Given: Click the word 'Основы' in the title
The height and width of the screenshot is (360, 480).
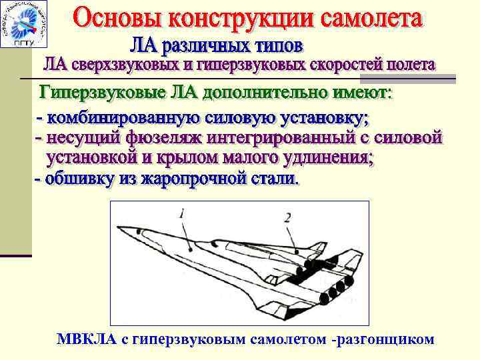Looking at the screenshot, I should coord(114,18).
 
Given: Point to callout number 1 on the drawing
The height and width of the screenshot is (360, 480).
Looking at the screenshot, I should coord(181,213).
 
